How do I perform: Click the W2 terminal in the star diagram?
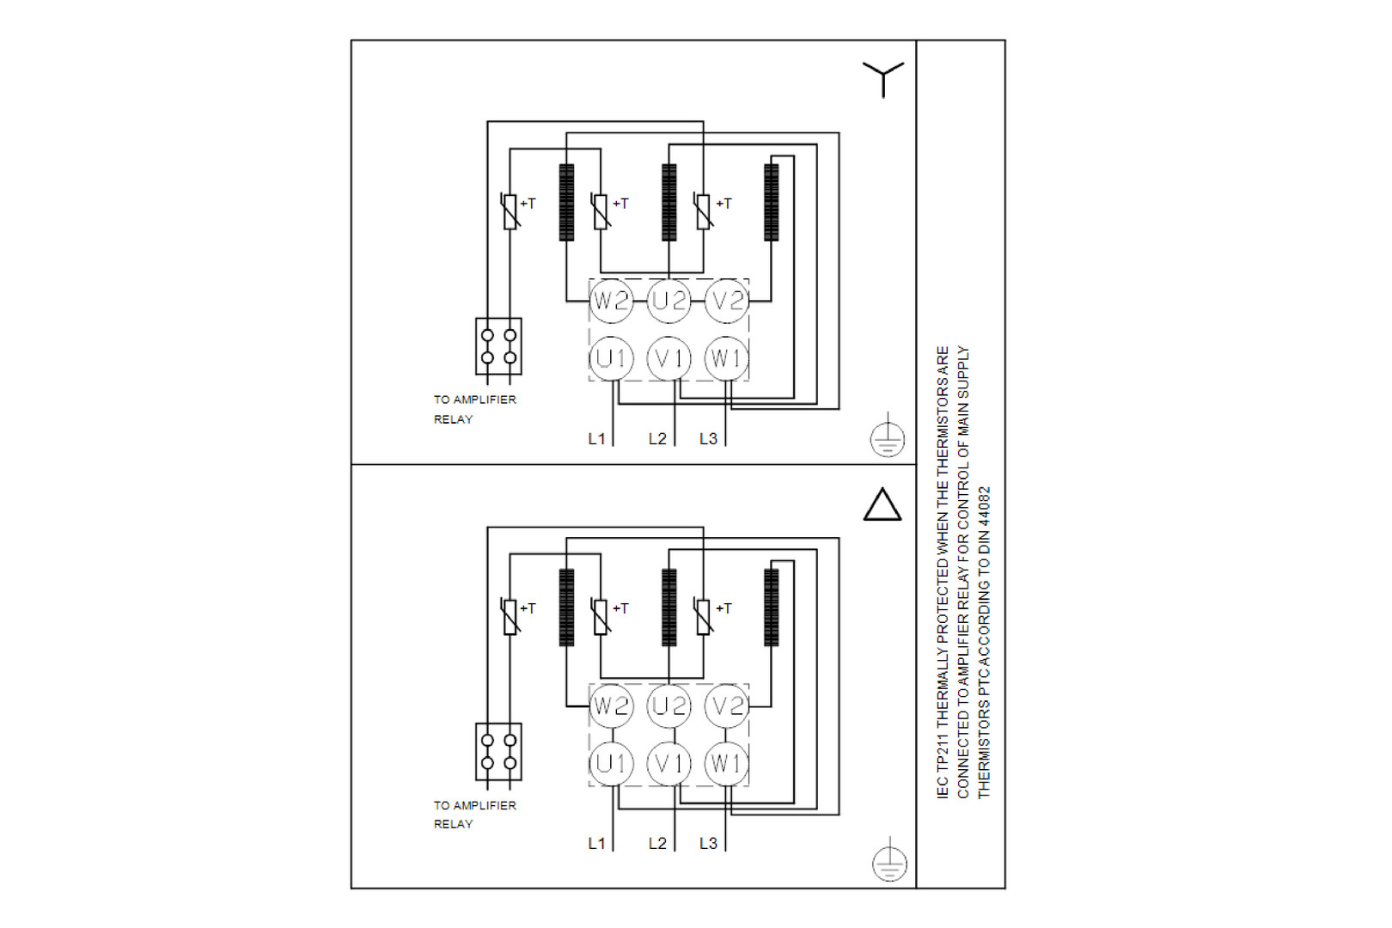611,301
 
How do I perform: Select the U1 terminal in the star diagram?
611,358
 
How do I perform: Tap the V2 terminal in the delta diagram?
727,706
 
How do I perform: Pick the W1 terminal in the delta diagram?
727,763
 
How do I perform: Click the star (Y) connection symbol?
883,77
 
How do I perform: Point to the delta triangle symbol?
882,505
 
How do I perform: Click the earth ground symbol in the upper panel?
887,439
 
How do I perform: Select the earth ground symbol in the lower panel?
889,863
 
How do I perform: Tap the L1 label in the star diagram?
596,439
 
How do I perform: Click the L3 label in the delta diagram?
708,844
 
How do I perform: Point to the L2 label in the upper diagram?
657,439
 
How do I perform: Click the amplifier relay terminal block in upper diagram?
498,346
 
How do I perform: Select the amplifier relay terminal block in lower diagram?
498,752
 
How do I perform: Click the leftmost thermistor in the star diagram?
510,211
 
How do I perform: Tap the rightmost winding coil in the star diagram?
772,203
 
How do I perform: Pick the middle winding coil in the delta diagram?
669,607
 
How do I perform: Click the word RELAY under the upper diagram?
453,419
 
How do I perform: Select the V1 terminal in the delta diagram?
669,763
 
